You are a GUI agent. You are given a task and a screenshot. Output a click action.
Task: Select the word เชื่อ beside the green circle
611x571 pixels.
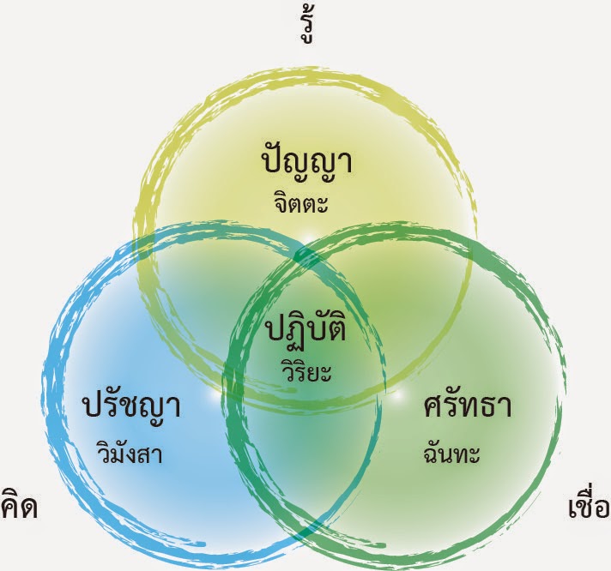[589, 506]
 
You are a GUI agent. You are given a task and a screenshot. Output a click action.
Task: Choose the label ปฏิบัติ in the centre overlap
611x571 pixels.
[306, 329]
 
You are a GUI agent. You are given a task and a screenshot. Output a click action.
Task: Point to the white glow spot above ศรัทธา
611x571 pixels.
[396, 396]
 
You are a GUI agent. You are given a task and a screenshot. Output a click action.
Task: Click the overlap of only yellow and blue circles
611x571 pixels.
[193, 283]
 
